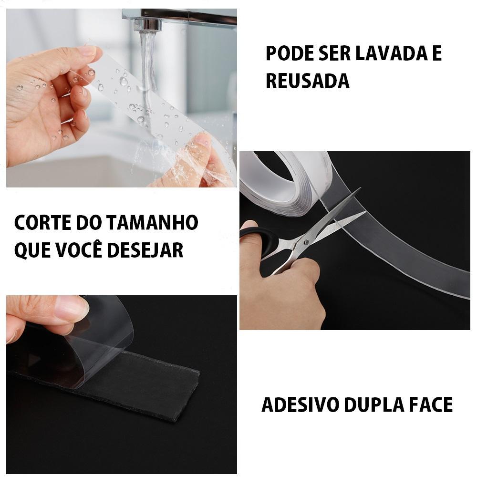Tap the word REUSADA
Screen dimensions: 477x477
pos(308,81)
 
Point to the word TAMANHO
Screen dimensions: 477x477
pos(153,222)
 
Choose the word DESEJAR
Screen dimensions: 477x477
pos(145,250)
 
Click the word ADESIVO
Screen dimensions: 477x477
pos(300,404)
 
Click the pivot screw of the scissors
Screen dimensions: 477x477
pos(306,242)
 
